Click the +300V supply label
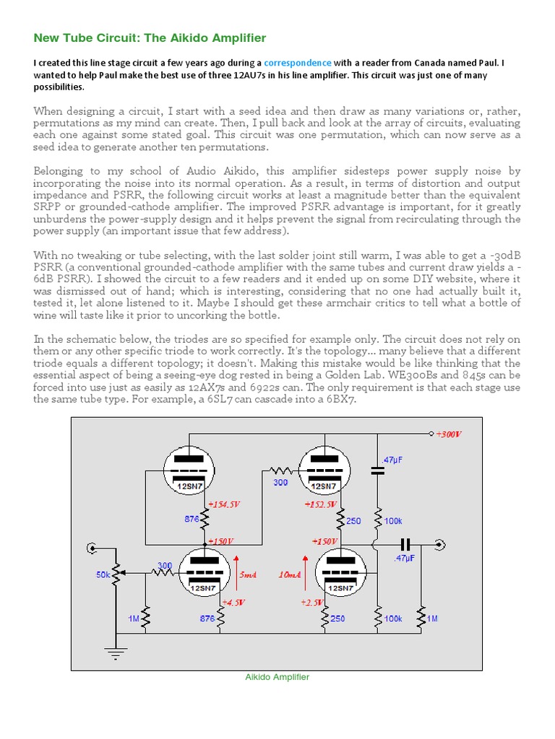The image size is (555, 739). coord(448,434)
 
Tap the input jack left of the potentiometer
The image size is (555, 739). coord(92,549)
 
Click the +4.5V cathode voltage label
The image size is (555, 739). coord(233,602)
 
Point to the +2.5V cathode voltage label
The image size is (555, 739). coord(311,602)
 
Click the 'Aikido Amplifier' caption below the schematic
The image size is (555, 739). coord(277,677)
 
